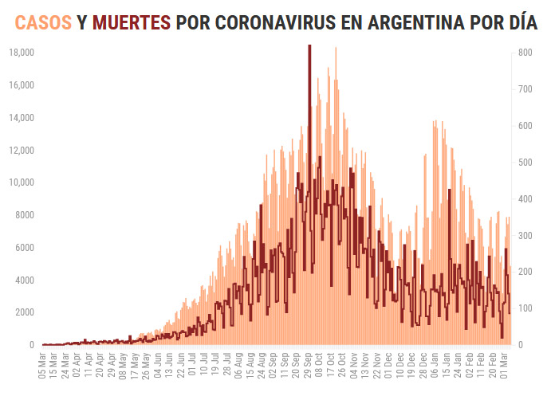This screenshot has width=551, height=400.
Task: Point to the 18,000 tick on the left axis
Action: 22,53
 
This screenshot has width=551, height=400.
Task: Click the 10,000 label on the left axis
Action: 22,182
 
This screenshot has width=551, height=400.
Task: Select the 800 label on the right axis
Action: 525,53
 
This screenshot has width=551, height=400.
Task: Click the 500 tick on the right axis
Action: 525,162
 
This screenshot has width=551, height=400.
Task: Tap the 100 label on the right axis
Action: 525,308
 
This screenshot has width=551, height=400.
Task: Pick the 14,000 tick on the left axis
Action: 22,118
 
